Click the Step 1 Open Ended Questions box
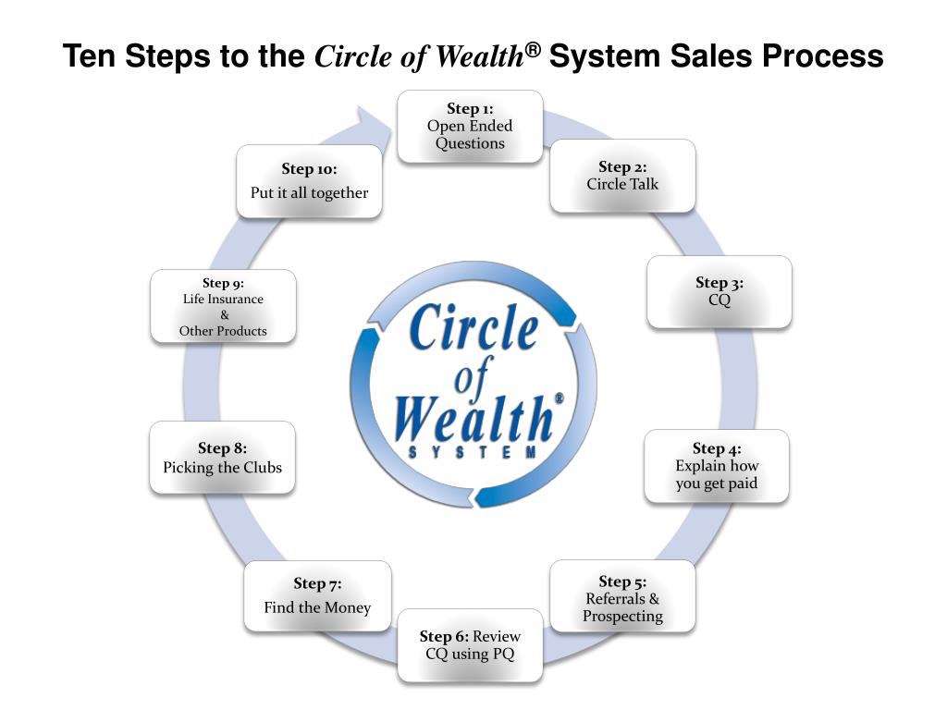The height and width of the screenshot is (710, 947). click(x=470, y=127)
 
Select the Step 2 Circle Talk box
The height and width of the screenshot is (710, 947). click(x=622, y=176)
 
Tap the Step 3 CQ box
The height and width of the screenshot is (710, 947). click(x=719, y=291)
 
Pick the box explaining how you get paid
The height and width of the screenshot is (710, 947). click(x=717, y=466)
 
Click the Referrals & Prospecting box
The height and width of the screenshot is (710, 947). click(x=622, y=598)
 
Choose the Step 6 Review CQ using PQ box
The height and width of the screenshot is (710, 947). click(x=470, y=645)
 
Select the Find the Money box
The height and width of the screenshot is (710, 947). click(x=317, y=596)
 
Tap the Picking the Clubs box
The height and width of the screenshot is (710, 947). click(x=222, y=459)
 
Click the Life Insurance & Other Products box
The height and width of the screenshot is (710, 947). click(x=223, y=306)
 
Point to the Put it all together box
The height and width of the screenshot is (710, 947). click(x=309, y=181)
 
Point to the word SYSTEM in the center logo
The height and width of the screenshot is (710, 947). click(x=473, y=451)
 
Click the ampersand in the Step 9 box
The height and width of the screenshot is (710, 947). click(x=223, y=314)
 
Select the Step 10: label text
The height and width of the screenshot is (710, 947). click(x=309, y=169)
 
